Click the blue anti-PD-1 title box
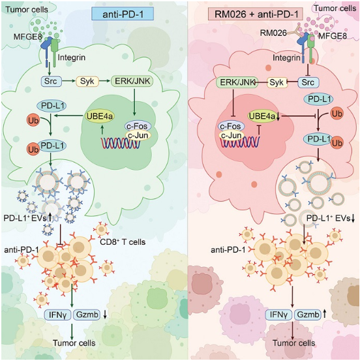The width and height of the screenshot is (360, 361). [123, 14]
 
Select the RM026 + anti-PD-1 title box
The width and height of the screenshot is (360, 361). [256, 14]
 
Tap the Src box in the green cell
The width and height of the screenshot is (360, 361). [51, 81]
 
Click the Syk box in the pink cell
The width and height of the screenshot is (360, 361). [277, 82]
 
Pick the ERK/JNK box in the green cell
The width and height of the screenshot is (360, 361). [132, 81]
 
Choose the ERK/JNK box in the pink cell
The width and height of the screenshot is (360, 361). [237, 82]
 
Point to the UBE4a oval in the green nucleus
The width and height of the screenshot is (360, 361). [100, 116]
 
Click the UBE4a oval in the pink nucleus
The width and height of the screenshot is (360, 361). [262, 116]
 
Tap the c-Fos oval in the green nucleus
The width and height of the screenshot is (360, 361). [138, 126]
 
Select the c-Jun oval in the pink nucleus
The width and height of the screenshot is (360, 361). [231, 135]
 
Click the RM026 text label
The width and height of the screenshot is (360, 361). [273, 33]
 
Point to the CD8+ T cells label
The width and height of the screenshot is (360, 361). [123, 242]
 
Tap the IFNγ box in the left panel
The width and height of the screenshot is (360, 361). [57, 315]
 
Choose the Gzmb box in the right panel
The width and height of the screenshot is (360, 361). [308, 315]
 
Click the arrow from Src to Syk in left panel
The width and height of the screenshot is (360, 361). [68, 81]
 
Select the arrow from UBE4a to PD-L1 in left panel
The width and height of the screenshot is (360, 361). [68, 116]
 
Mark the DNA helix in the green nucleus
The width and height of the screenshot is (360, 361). [121, 143]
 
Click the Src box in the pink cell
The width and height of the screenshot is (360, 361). [308, 82]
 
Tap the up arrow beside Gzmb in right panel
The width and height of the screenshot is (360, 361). [325, 314]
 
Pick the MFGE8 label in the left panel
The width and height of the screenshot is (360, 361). [28, 37]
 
